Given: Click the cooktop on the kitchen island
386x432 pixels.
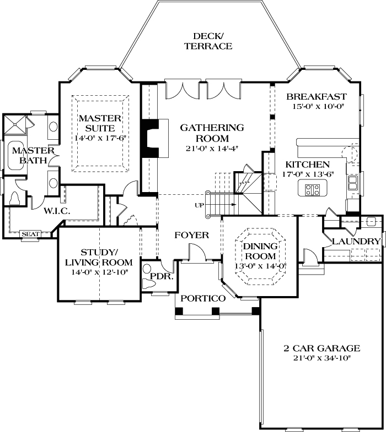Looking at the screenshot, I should pos(313,190).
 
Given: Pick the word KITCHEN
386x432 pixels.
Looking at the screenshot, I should pos(307,164).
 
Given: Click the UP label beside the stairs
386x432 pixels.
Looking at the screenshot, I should pos(200,205).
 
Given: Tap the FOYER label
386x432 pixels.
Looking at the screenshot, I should pos(192,236).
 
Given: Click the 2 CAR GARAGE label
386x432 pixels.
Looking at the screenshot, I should pos(321,348).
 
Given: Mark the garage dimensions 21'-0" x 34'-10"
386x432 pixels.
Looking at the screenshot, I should pos(321,358).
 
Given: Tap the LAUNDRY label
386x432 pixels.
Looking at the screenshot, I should pos(356,242).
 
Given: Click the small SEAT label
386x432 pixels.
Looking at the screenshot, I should pos(30,234).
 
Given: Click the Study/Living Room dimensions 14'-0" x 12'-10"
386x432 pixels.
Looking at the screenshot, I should pos(100,272).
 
